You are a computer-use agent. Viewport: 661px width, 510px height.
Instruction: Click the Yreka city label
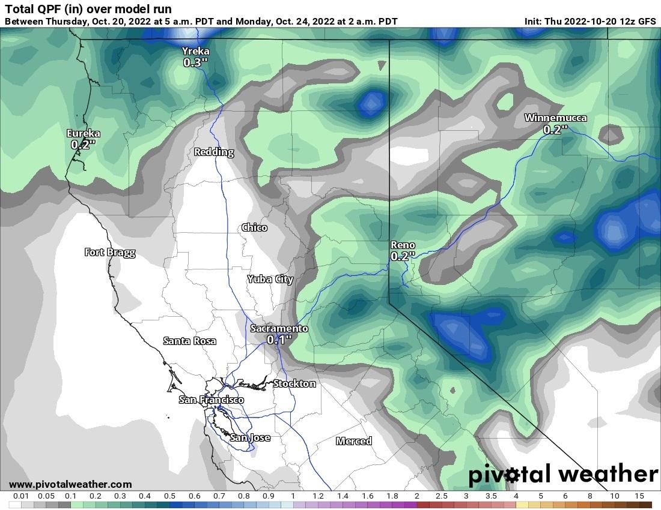click(196, 52)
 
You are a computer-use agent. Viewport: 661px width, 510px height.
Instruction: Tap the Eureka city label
click(84, 133)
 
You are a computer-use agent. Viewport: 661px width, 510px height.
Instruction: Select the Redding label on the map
click(214, 152)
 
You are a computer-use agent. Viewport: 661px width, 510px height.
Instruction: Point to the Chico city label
click(254, 227)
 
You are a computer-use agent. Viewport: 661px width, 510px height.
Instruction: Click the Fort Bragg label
click(110, 252)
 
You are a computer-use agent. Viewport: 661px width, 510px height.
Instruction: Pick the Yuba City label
click(270, 279)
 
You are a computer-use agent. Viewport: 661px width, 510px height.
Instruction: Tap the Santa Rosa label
click(190, 341)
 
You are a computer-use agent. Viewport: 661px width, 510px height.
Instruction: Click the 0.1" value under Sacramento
click(279, 340)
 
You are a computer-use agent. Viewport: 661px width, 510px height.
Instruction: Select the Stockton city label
click(294, 383)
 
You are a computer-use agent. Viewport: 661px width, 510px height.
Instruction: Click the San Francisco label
click(212, 400)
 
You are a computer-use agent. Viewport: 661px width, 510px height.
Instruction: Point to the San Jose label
click(251, 437)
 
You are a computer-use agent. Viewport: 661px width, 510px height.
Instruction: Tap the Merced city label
click(354, 441)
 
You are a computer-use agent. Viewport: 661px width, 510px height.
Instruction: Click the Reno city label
click(403, 245)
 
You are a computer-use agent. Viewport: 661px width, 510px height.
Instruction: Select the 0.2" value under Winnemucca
click(555, 129)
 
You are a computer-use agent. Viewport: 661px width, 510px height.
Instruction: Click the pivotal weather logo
click(563, 474)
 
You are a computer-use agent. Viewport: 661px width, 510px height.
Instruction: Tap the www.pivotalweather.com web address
click(70, 484)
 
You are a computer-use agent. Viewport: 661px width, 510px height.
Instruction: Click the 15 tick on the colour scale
click(639, 496)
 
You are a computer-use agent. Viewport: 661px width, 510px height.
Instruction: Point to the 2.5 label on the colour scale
click(441, 496)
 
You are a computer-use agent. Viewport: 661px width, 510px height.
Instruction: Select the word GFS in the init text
click(646, 21)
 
